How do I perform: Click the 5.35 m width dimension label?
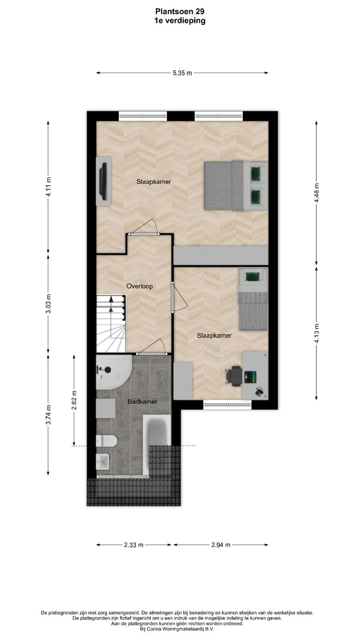tap(182, 73)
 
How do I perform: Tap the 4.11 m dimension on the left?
tap(49, 186)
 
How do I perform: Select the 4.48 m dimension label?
tap(316, 192)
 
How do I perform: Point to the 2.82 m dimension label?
tap(74, 400)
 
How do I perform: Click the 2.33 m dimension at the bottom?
tap(134, 545)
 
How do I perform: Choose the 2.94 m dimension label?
tap(221, 545)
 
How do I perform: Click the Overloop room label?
tap(140, 286)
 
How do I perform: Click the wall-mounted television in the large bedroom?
tap(104, 181)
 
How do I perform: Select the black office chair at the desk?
tap(234, 376)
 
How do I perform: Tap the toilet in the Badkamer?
tap(106, 441)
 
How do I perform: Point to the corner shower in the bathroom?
tap(114, 372)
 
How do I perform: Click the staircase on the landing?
tap(111, 324)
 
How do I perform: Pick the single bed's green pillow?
tap(252, 276)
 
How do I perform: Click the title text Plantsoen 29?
tap(180, 12)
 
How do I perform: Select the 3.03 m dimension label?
tap(49, 304)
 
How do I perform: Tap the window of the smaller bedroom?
tap(228, 404)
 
